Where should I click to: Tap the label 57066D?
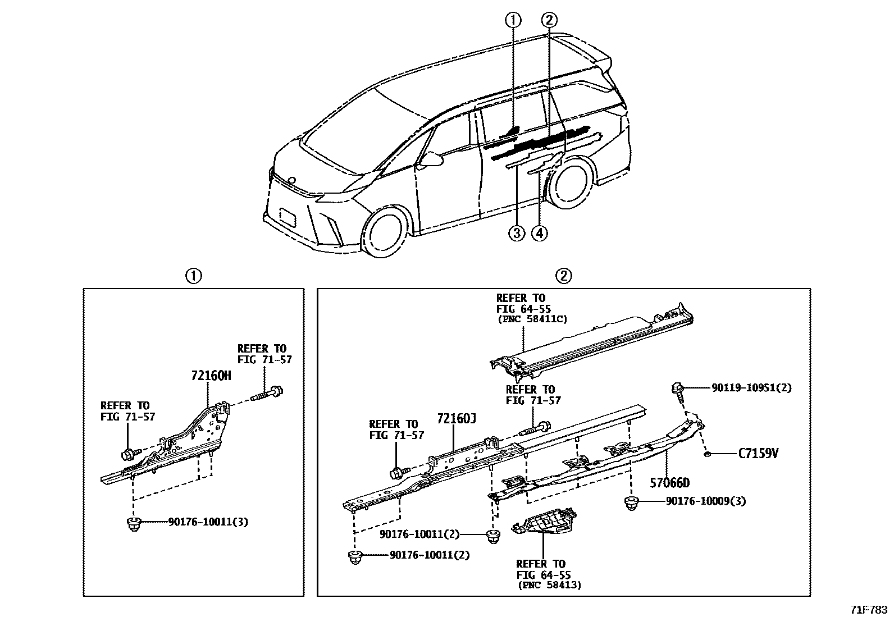(669, 482)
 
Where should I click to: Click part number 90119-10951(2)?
(751, 387)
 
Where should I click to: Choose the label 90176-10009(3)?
(706, 501)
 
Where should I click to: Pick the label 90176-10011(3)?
(208, 522)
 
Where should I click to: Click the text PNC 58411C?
(532, 319)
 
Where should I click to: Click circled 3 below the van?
(517, 232)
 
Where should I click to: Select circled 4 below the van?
(539, 232)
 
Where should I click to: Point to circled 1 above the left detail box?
(193, 276)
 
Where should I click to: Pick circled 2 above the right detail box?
(563, 276)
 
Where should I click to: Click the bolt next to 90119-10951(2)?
(678, 391)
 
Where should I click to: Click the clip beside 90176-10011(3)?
(133, 525)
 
